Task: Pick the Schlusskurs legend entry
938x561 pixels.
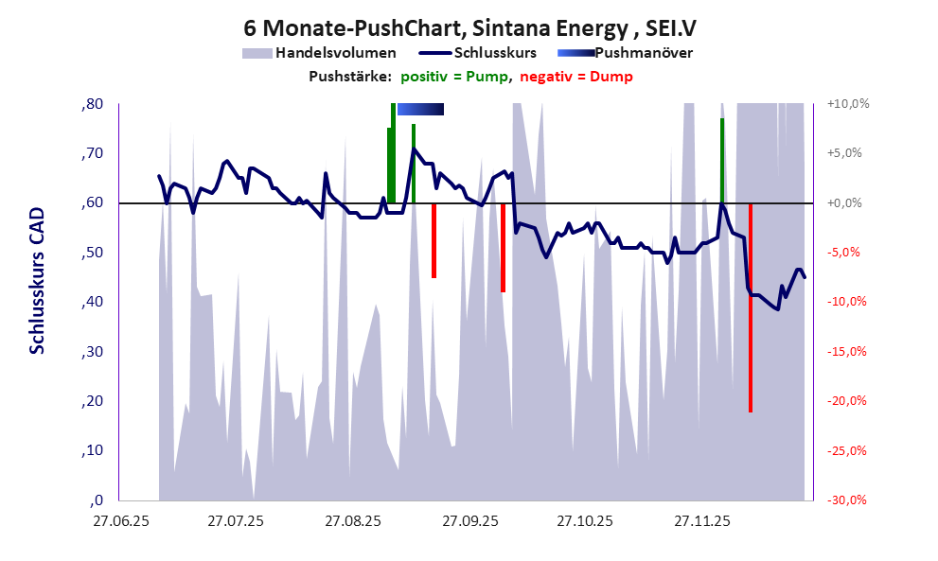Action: pyautogui.click(x=495, y=53)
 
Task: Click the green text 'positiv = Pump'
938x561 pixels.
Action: pyautogui.click(x=455, y=77)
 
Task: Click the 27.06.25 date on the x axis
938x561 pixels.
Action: pyautogui.click(x=118, y=520)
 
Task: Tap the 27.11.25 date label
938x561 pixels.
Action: pyautogui.click(x=701, y=520)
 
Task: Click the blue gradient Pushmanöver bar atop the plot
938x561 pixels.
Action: pyautogui.click(x=420, y=110)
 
